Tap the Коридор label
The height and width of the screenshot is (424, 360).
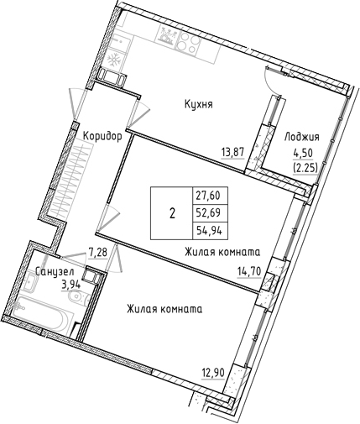click(102, 135)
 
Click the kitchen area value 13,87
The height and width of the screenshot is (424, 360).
click(232, 151)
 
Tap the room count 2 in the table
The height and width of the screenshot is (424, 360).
click(172, 211)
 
